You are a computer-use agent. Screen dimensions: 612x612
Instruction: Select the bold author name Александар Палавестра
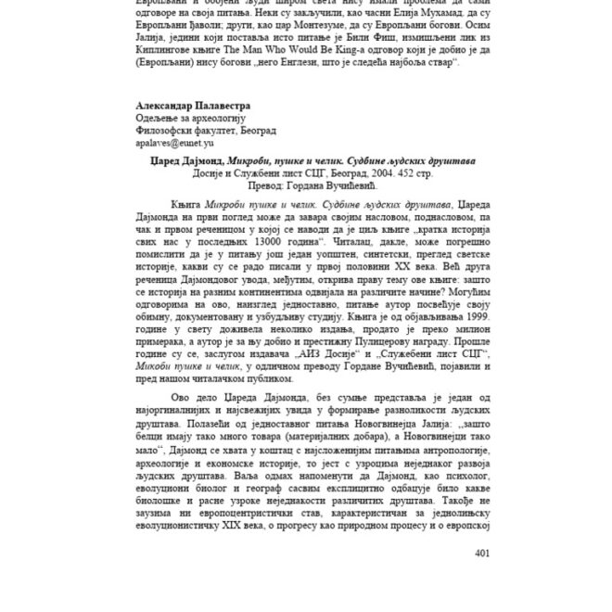tap(193, 105)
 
